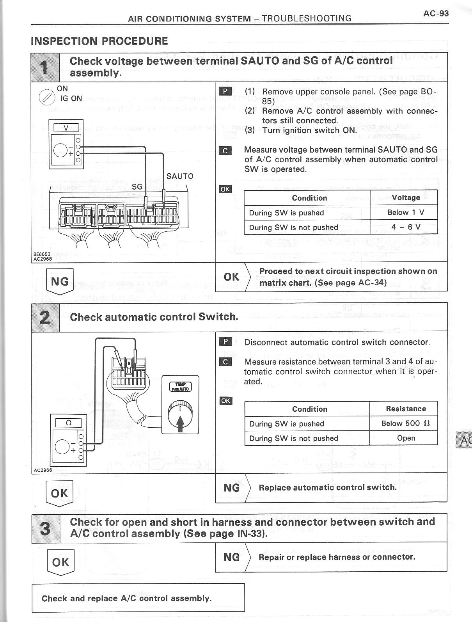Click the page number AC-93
436,14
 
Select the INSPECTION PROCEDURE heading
99,41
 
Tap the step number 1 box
45,67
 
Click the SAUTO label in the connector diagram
180,176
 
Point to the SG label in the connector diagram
137,187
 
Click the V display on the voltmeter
66,127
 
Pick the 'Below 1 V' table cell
406,213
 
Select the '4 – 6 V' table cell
406,227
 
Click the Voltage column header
406,198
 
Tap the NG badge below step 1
60,281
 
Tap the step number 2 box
45,317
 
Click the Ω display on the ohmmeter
68,423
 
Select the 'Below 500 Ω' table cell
406,424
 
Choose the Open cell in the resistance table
406,438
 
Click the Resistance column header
406,409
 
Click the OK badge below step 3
60,562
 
